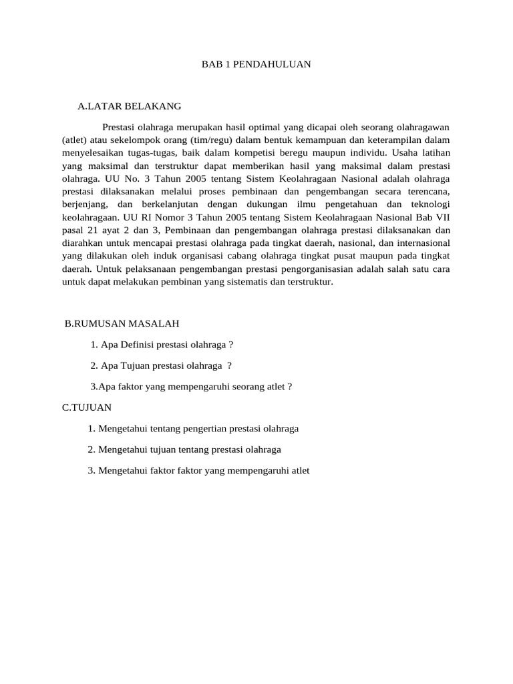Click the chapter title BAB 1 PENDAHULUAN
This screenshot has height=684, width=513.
pos(256,65)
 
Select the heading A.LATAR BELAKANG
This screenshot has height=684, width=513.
pos(129,106)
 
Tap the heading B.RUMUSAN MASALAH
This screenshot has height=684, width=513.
pos(122,323)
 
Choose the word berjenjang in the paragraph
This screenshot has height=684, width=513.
pos(83,204)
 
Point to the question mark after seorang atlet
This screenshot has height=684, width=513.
pos(291,386)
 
